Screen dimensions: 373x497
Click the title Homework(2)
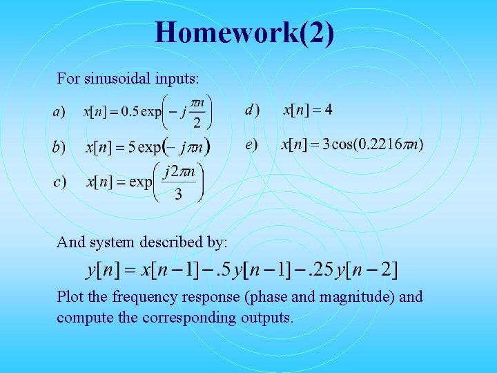click(x=244, y=32)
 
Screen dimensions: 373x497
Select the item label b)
click(x=59, y=147)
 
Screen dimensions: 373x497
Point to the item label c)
click(x=59, y=182)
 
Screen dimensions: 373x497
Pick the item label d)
click(x=253, y=110)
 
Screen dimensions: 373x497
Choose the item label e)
click(x=251, y=144)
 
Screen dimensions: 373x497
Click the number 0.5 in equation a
click(x=129, y=112)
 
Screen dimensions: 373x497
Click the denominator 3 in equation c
click(x=178, y=194)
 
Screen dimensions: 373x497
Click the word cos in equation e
click(x=343, y=144)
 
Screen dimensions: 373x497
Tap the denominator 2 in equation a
click(x=196, y=124)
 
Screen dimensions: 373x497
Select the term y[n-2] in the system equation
click(x=365, y=269)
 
